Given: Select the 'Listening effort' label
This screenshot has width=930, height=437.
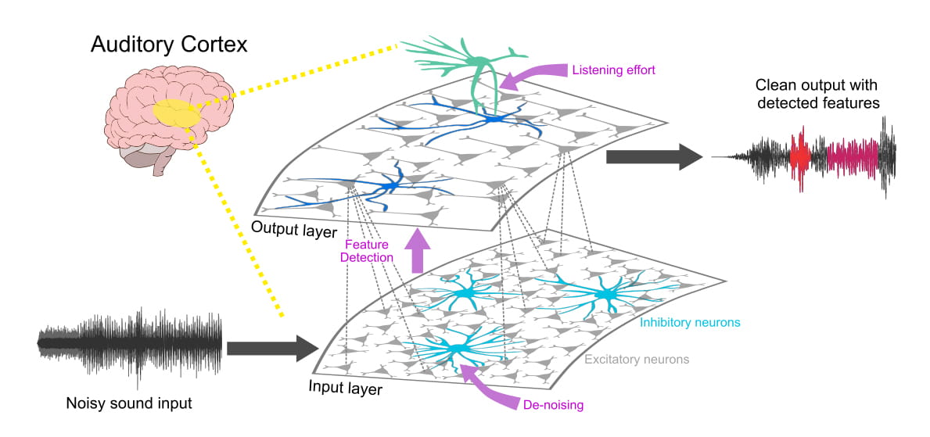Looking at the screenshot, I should (612, 70).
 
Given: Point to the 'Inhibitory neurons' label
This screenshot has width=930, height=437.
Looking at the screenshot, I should (689, 321).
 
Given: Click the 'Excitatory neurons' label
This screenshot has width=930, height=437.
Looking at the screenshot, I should (637, 360).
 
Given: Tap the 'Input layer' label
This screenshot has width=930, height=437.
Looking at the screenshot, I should (345, 386).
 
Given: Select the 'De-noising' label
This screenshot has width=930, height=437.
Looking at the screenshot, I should (554, 405).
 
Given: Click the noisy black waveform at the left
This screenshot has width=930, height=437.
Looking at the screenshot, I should (129, 344).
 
